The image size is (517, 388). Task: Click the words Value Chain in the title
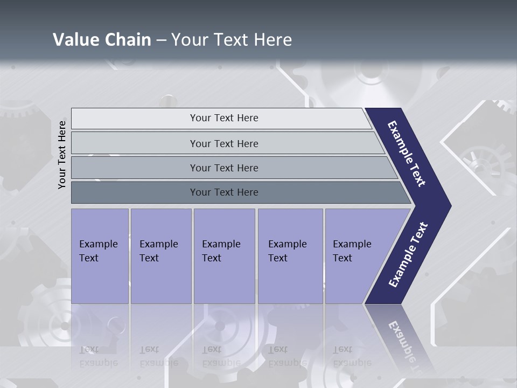102,40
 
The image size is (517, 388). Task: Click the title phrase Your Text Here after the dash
232,40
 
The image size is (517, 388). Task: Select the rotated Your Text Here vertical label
62,155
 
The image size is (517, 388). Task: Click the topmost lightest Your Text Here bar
223,118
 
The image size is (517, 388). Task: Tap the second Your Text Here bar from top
223,143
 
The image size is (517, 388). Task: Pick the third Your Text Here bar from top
223,168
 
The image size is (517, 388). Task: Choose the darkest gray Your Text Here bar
223,192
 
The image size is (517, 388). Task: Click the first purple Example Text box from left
100,255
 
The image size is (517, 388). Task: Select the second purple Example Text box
160,255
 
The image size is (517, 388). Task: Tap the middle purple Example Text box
224,255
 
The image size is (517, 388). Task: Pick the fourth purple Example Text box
290,255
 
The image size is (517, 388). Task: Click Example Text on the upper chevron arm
407,154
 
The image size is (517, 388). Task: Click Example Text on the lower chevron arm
408,255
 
